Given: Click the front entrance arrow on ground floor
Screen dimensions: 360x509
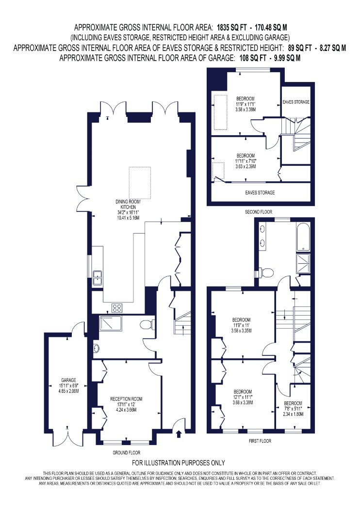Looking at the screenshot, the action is (x=178, y=434).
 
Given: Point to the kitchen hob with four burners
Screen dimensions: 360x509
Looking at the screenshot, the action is (x=117, y=307).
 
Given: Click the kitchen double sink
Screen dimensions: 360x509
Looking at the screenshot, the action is (x=98, y=278).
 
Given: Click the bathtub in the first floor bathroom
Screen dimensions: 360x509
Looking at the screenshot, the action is (x=303, y=237).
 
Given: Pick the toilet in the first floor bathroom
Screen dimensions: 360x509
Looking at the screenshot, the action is (x=264, y=273).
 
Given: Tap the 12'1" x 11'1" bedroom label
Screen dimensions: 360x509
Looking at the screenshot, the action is (x=243, y=397).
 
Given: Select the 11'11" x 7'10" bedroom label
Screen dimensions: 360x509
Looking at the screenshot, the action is (x=245, y=161).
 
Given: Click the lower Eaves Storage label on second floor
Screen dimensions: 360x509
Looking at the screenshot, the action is (x=260, y=192).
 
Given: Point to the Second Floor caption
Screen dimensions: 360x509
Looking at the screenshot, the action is (x=259, y=212).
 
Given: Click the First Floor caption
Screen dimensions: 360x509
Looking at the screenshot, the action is (x=260, y=441).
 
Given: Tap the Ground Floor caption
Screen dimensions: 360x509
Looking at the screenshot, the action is (x=127, y=452).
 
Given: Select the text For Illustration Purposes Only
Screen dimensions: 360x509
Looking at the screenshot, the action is (x=179, y=463).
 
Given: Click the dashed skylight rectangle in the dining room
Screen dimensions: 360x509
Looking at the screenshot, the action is (x=140, y=183).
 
